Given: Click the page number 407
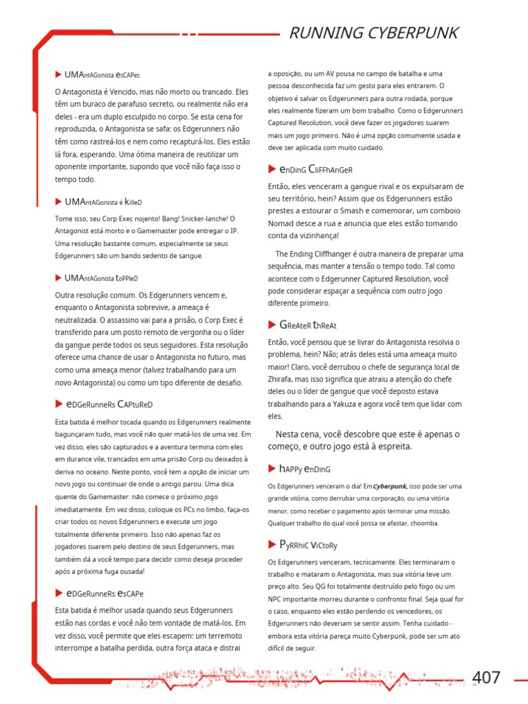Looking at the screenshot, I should click(487, 677).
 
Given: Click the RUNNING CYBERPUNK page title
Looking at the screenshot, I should click(372, 33).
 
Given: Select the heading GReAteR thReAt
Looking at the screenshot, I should click(307, 324).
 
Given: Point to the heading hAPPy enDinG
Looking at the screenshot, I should click(305, 469).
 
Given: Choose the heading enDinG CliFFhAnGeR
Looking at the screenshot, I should click(316, 169).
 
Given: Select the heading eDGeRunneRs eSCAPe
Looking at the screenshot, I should click(104, 593).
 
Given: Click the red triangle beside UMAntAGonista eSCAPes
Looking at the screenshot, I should click(58, 74).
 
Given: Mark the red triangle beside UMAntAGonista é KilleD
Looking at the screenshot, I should click(58, 201).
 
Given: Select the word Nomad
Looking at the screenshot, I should click(282, 224).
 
